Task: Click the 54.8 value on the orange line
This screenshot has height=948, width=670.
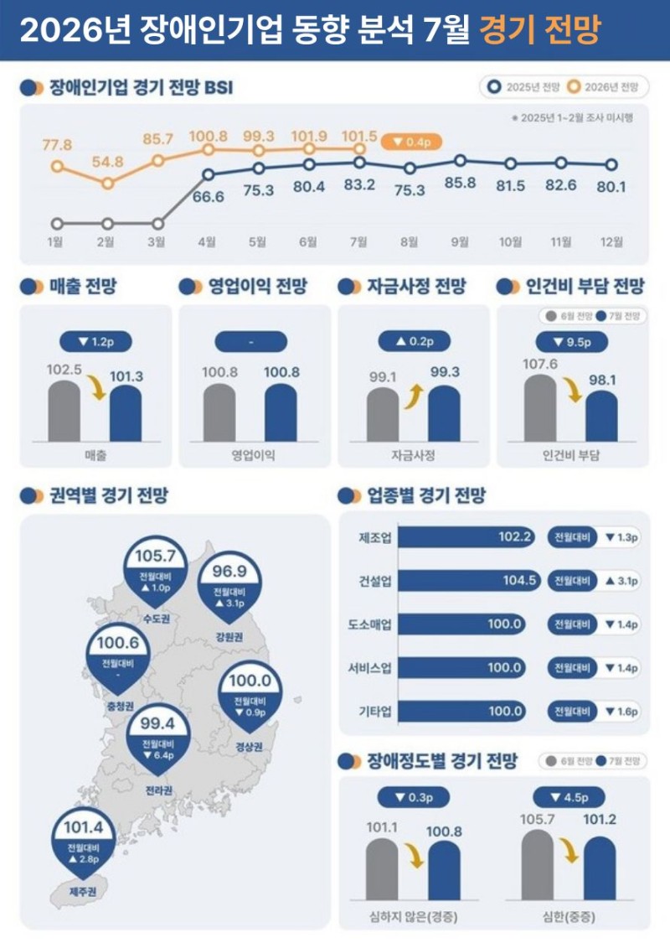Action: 107,162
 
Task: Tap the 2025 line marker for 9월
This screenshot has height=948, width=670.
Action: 461,160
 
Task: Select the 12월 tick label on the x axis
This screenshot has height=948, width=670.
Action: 611,242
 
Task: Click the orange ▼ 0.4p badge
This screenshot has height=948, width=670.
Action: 411,142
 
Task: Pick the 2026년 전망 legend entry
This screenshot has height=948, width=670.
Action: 603,87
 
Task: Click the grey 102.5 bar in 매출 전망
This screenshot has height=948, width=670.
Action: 64,411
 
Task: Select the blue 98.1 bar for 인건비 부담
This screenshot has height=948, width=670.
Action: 601,416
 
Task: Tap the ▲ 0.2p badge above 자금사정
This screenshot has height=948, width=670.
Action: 414,342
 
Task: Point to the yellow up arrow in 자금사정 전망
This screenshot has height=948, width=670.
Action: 413,397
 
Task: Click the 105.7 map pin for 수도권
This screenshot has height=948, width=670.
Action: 155,568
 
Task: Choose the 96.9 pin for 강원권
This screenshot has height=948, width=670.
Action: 229,584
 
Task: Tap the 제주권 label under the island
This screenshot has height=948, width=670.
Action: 83,891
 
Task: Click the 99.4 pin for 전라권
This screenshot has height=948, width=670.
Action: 157,737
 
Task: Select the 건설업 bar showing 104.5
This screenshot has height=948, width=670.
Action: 469,581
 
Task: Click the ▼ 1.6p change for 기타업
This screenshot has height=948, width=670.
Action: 621,712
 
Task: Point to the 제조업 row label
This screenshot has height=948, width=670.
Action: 375,537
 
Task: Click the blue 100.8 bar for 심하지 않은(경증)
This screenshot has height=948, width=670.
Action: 444,871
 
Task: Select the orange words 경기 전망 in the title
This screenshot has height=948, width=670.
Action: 539,29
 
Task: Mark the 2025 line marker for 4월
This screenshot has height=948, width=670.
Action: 209,174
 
